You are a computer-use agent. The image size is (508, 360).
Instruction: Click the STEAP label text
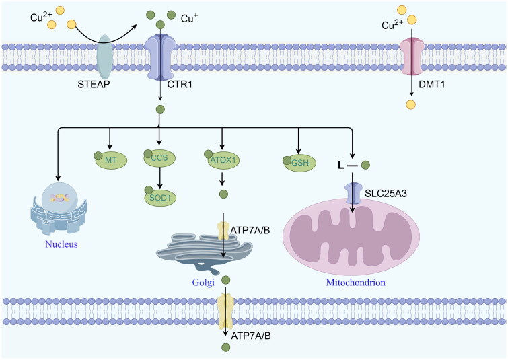pos(94,85)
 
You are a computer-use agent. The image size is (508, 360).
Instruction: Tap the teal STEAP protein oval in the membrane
pos(105,56)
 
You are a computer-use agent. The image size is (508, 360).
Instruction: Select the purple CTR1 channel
pos(160,58)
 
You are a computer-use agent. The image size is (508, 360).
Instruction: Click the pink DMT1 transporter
pos(412,56)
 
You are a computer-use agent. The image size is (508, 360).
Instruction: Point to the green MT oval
pos(111,159)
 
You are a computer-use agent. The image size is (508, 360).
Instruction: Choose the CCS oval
pos(159,158)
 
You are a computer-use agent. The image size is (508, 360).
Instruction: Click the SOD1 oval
pos(160,197)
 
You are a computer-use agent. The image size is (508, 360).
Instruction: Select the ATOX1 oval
pos(223,159)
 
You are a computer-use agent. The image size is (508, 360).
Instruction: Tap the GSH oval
pos(299,163)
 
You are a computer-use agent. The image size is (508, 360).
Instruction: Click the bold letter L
pos(340,166)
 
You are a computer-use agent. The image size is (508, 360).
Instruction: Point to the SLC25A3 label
pos(386,194)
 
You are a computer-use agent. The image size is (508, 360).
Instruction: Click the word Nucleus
pos(61,244)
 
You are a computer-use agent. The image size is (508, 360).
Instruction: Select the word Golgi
pos(203,283)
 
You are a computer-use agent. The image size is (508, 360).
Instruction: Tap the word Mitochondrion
pos(355,282)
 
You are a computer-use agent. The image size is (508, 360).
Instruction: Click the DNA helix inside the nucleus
pos(59,197)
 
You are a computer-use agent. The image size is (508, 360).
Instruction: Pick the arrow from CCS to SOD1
pos(159,178)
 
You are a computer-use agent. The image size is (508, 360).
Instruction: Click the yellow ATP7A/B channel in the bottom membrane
pos(226,312)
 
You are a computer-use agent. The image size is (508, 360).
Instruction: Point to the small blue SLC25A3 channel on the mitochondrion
pos(353,193)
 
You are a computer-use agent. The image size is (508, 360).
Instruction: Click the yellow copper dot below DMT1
pos(411,105)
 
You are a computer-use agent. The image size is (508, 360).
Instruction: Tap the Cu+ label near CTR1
pos(189,18)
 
